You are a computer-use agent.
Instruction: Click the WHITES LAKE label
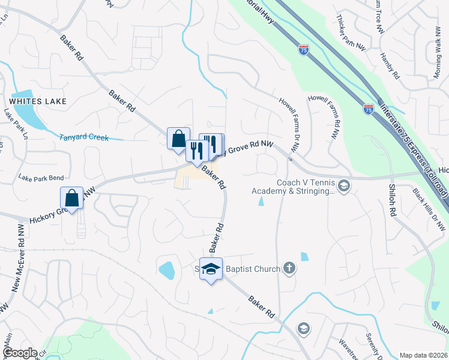click(38, 100)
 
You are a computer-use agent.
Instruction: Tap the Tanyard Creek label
click(84, 137)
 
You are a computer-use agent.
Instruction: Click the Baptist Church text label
click(253, 269)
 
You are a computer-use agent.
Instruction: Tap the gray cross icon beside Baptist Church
click(289, 268)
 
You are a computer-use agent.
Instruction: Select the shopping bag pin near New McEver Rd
click(71, 198)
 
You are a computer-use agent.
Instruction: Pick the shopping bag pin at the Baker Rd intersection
click(178, 139)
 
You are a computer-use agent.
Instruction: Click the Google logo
click(19, 353)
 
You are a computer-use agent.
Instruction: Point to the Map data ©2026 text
click(423, 355)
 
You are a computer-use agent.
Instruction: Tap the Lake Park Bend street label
click(41, 178)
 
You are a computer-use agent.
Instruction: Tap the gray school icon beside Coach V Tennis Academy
click(344, 185)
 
